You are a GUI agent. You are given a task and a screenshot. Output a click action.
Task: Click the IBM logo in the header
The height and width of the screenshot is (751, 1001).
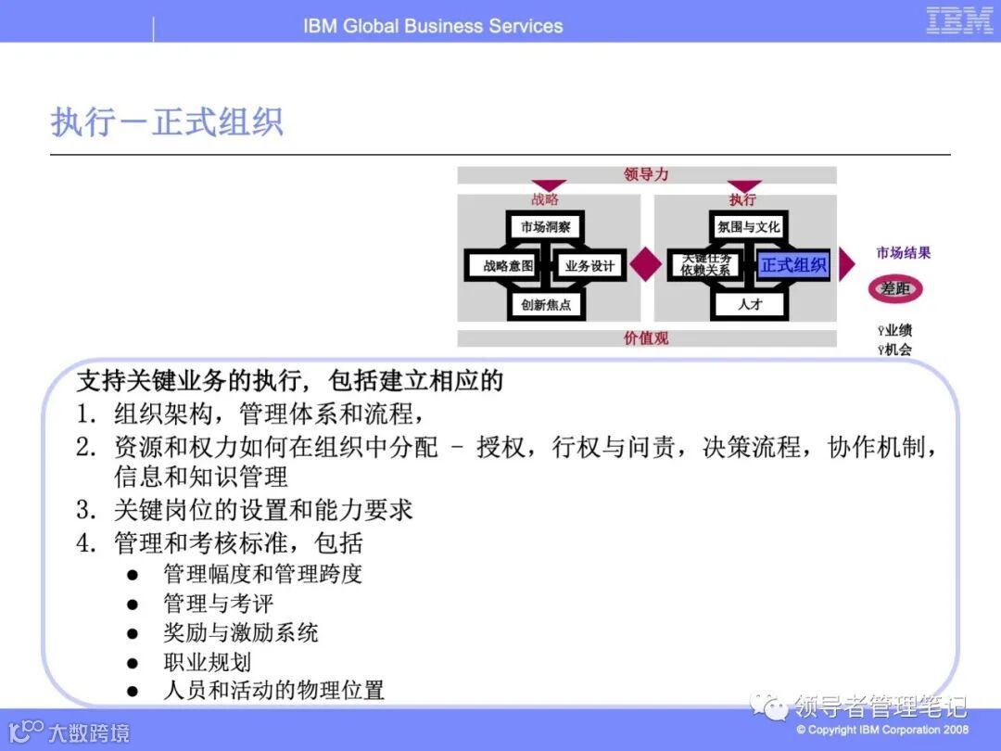coord(960,20)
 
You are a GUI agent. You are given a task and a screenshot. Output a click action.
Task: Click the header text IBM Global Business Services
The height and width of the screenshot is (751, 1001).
coord(433,26)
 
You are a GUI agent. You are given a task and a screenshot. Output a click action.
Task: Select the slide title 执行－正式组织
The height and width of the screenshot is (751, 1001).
coord(167,122)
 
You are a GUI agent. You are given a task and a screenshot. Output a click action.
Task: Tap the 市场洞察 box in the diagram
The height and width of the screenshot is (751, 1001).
coord(546,227)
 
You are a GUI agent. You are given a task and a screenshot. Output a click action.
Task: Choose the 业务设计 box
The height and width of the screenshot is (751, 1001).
coord(589,266)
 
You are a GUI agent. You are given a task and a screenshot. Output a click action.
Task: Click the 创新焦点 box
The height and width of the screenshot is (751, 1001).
coord(546,304)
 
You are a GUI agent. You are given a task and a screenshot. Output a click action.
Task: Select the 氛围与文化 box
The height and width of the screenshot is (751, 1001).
coord(749,227)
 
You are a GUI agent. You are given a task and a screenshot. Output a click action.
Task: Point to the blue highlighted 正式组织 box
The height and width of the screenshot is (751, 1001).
coord(793,266)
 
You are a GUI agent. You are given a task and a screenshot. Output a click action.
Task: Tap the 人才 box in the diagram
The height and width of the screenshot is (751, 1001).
coord(749,304)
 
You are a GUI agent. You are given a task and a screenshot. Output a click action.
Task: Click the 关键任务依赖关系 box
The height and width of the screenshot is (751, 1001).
coord(706,264)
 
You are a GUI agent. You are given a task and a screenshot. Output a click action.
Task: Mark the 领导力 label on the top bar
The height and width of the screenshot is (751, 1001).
coord(646,174)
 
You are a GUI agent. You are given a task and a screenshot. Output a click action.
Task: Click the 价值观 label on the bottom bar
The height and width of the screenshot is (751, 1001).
coord(646,338)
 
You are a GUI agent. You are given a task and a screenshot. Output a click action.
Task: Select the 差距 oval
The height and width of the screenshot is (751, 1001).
coord(895,289)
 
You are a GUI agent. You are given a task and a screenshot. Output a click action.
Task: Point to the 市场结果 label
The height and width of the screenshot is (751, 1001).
coord(904,253)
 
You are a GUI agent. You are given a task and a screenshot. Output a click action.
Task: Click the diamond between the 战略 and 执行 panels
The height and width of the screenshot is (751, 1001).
coord(646,265)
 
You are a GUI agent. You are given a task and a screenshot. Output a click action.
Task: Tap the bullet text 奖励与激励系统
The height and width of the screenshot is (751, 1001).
coord(241,633)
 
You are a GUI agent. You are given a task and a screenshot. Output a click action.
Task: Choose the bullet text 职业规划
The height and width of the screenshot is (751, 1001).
coord(207,662)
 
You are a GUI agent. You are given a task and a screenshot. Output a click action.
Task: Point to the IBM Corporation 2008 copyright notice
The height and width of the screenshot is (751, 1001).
coord(882,730)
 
